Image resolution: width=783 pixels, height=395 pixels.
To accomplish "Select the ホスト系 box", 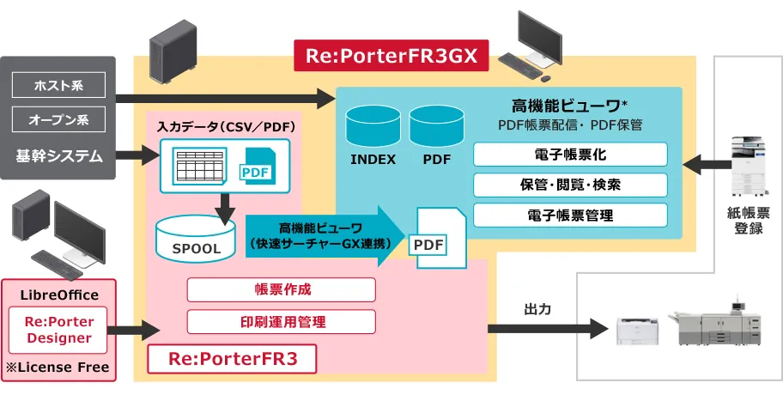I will [x=58, y=85].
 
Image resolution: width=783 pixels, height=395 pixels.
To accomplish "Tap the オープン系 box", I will [x=58, y=118].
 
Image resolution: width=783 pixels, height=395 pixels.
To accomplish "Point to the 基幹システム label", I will [x=58, y=156].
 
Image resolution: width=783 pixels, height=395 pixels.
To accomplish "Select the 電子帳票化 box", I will [x=570, y=155].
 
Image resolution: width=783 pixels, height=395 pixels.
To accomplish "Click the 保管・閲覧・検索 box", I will [x=570, y=185].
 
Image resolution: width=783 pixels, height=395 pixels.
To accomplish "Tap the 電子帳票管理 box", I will [x=570, y=215].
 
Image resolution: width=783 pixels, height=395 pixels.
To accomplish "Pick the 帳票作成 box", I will [x=282, y=290].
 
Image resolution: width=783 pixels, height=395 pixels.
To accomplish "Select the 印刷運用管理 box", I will [x=282, y=322].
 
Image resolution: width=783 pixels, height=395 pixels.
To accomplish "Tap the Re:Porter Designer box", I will [x=59, y=331].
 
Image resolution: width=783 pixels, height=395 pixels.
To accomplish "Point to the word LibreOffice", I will [x=59, y=295].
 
